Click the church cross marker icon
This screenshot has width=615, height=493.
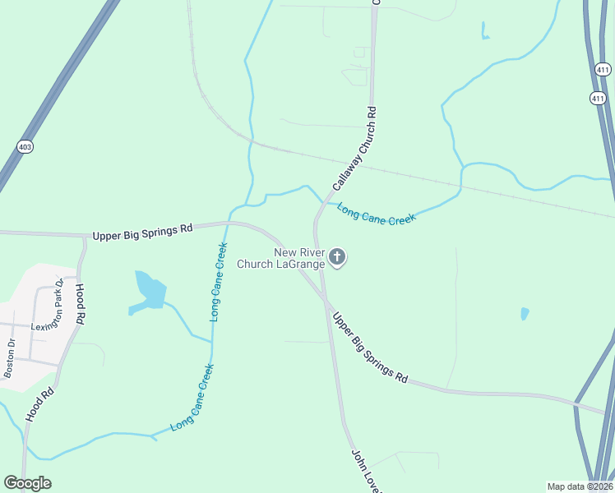(336, 258)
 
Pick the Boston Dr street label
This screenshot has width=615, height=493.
(10, 359)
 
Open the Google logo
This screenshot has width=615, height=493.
(27, 483)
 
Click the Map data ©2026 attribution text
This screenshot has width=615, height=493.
(580, 486)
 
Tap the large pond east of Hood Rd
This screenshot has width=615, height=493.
(150, 290)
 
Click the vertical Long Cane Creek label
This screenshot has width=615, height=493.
(218, 282)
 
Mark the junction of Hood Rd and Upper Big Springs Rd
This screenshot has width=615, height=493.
(83, 237)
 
